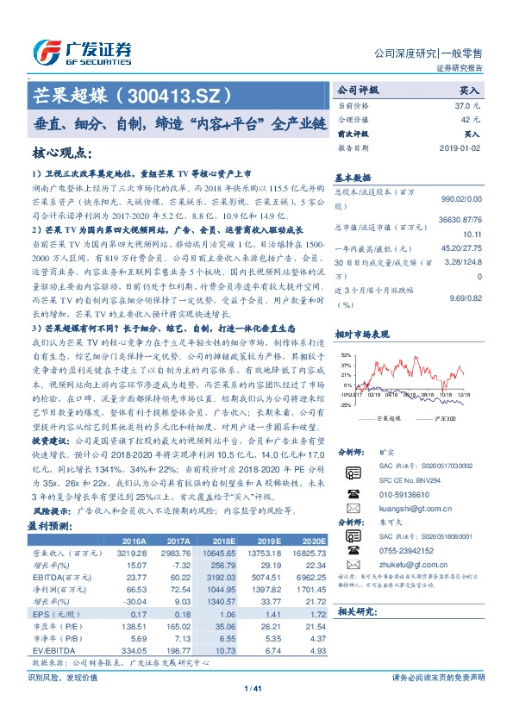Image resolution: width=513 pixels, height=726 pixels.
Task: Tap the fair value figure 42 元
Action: coord(471,119)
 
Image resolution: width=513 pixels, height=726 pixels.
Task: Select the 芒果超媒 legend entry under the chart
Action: coord(391,418)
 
